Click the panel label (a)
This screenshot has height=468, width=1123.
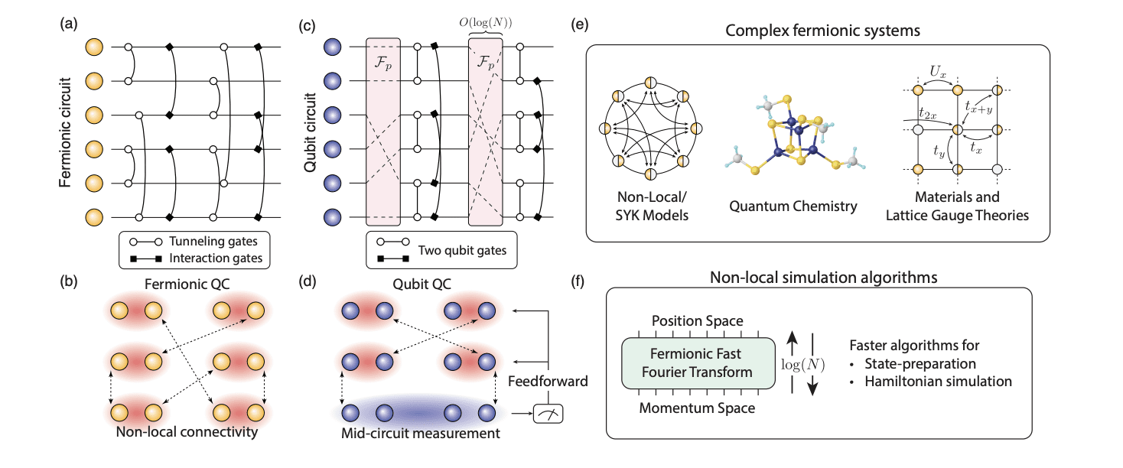coord(67,24)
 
